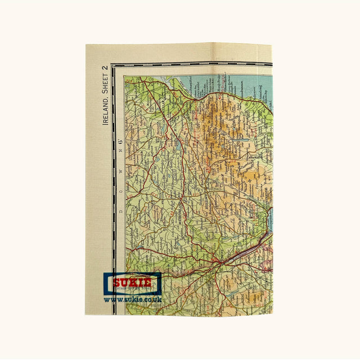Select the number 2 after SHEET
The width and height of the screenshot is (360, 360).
[x=105, y=68]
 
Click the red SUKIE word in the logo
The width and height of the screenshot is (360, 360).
[x=132, y=282]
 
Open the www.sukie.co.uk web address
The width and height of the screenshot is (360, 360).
[x=133, y=300]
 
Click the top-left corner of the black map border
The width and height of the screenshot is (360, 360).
[x=112, y=65]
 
